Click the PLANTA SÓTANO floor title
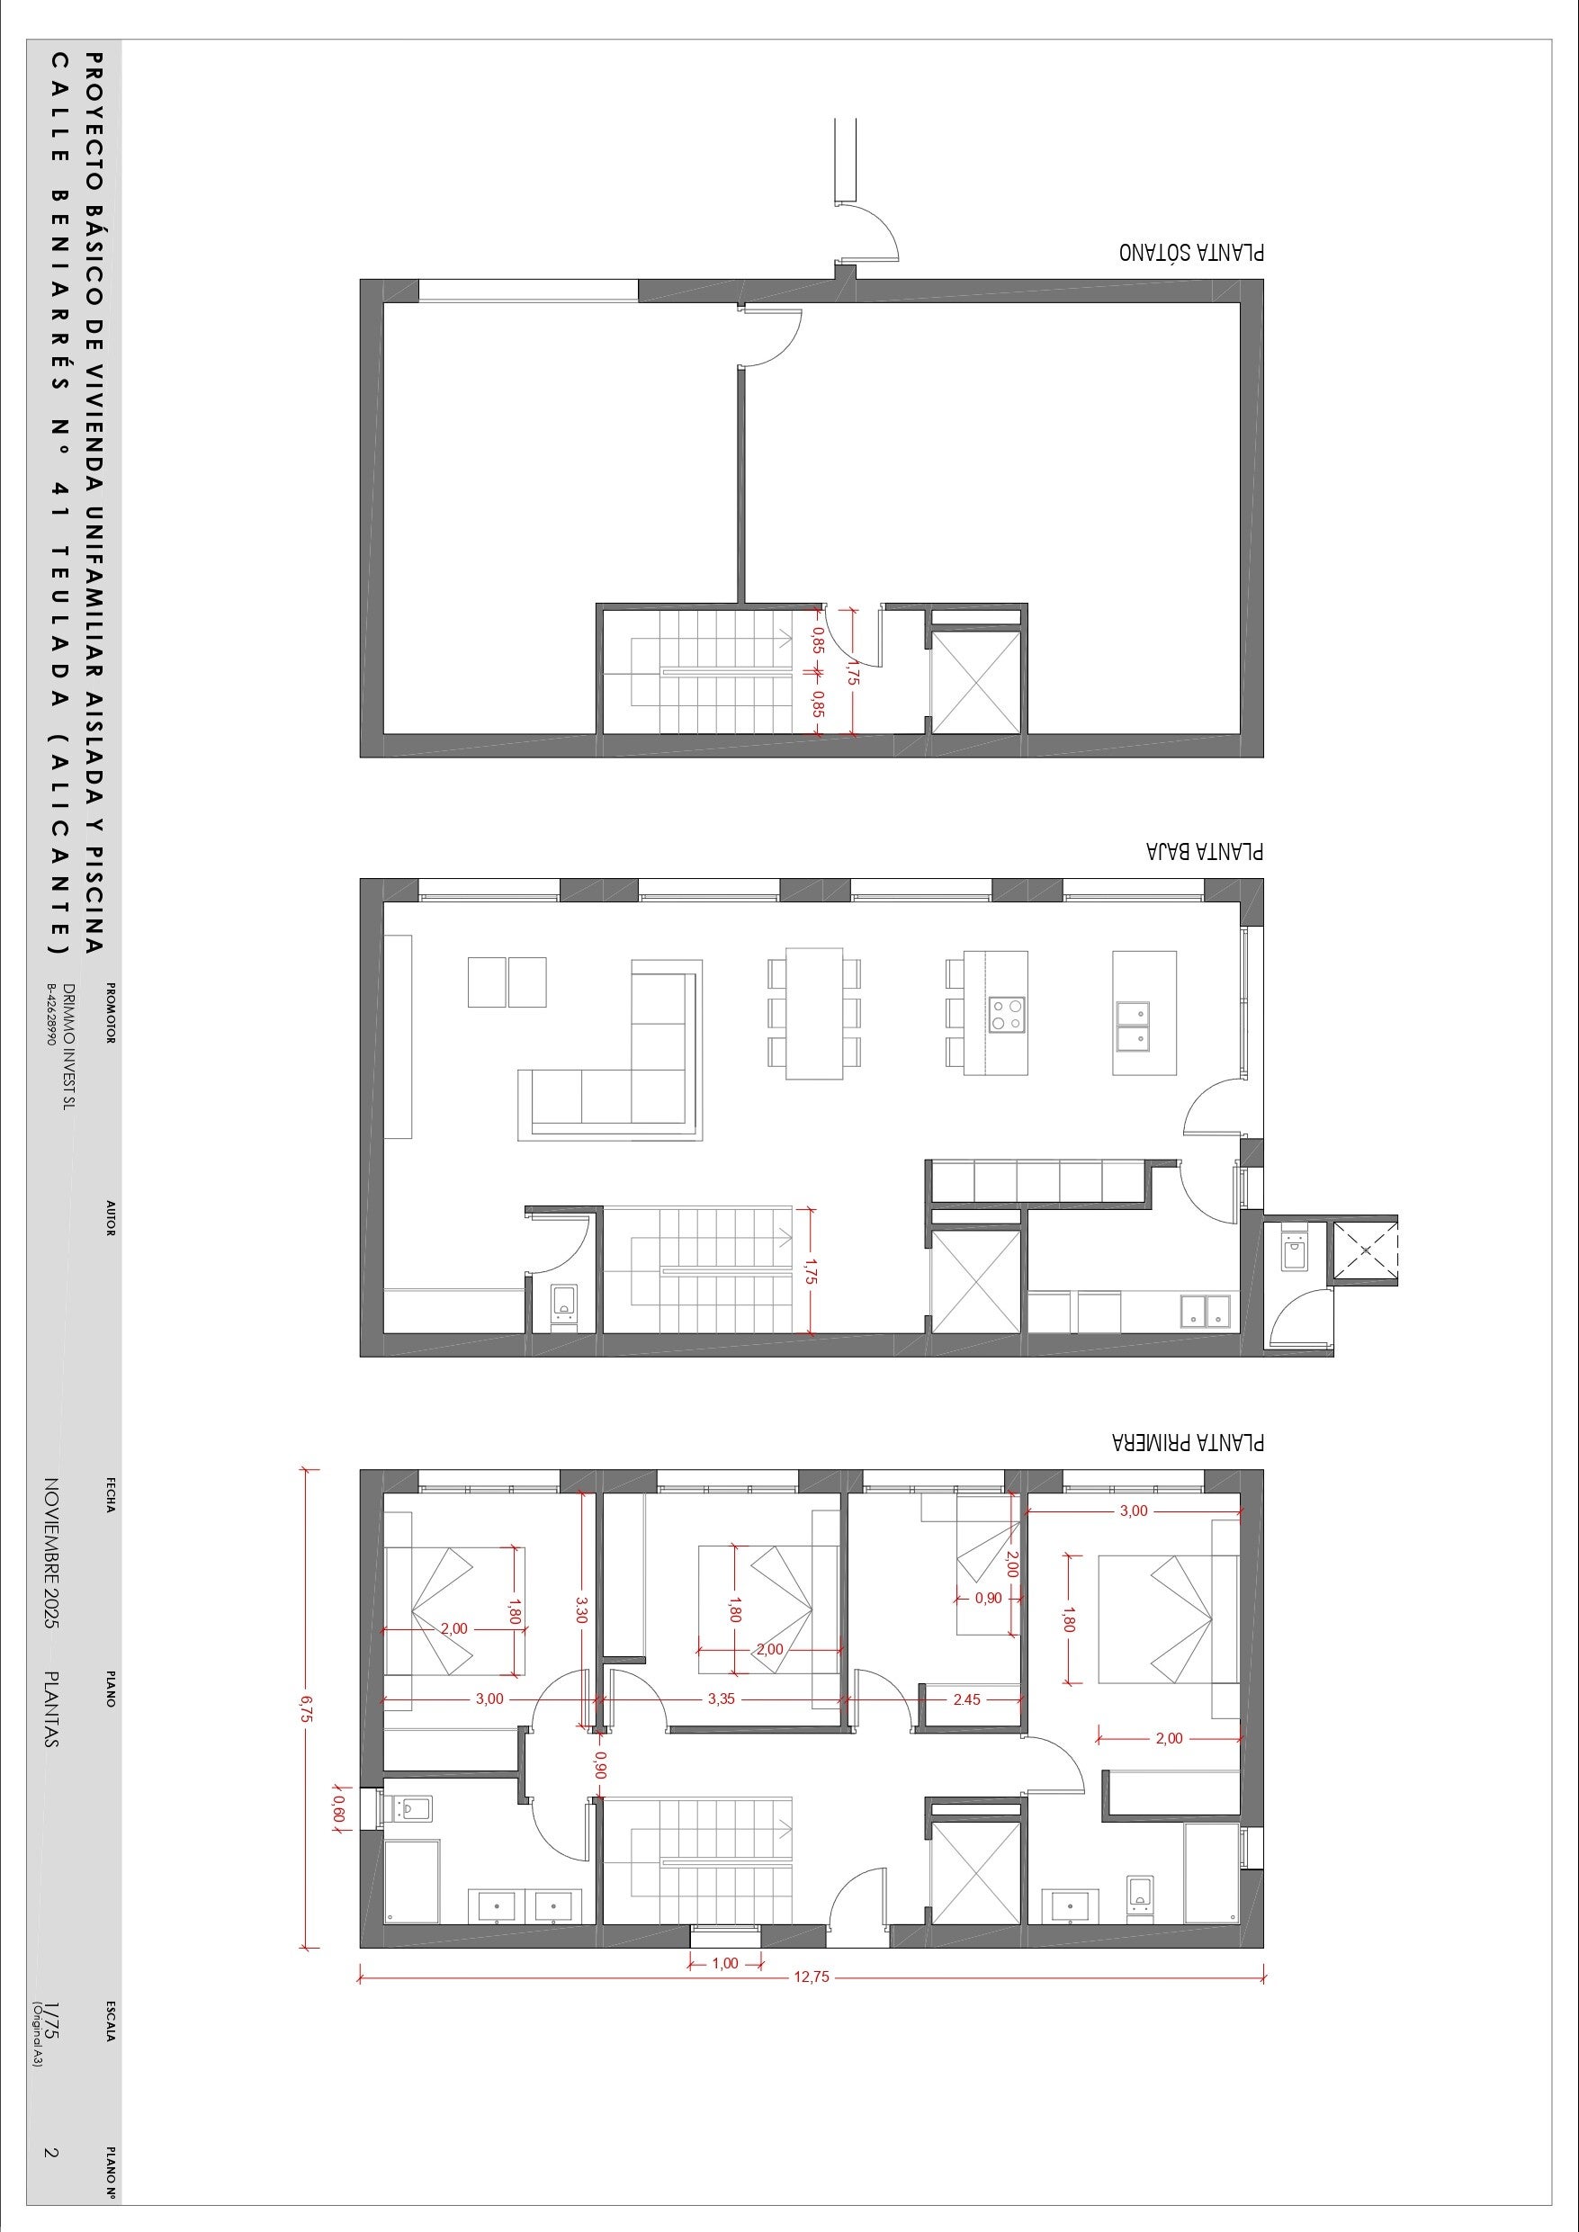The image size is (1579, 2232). [x=1191, y=251]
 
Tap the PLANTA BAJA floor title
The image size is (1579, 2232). [x=1205, y=851]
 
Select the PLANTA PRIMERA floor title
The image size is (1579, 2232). [x=1189, y=1440]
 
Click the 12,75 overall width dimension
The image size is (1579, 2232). [x=812, y=1977]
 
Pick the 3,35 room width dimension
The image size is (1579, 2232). [x=721, y=1699]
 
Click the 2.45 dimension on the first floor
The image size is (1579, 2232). [x=966, y=1699]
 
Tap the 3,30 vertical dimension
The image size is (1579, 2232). [x=581, y=1609]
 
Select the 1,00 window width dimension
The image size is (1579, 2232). [x=724, y=1963]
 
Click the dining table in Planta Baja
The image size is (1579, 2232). [x=814, y=1013]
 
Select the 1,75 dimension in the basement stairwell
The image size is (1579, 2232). [x=853, y=672]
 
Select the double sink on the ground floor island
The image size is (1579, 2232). [x=1133, y=1026]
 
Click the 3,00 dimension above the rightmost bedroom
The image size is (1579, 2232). [x=1134, y=1510]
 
